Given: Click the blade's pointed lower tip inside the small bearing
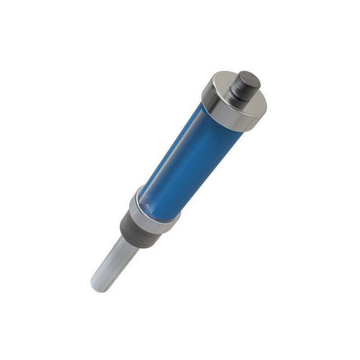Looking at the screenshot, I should pyautogui.click(x=145, y=208).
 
